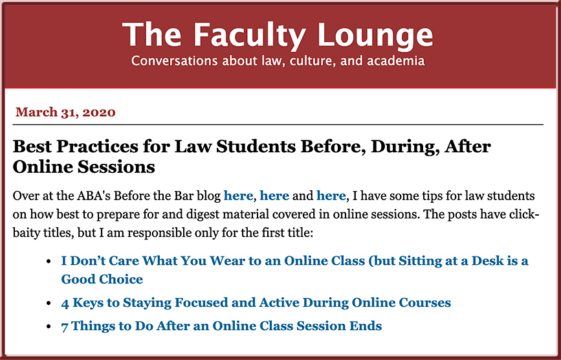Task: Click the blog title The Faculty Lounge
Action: click(x=278, y=35)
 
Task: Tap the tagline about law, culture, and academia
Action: click(x=278, y=61)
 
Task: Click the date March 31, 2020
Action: click(x=65, y=113)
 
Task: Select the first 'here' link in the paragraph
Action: click(x=238, y=196)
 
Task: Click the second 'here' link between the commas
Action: click(x=274, y=196)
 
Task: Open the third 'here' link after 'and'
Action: click(x=331, y=196)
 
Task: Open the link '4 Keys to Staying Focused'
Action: click(x=256, y=303)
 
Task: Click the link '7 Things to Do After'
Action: click(x=221, y=326)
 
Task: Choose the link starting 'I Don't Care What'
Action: click(x=294, y=270)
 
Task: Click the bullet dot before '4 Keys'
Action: click(x=49, y=303)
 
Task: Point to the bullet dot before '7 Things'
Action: click(x=49, y=326)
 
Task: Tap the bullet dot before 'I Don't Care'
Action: click(x=49, y=261)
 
